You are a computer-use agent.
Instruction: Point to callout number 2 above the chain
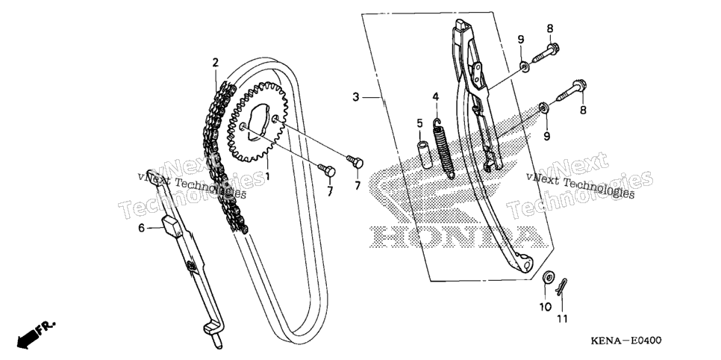(x=215, y=63)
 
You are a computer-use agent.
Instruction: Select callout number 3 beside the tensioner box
(x=355, y=97)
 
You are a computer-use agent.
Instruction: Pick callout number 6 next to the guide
(x=142, y=227)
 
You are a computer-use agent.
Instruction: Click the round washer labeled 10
(x=548, y=278)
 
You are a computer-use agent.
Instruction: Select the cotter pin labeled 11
(x=561, y=286)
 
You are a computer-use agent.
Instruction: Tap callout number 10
(x=546, y=307)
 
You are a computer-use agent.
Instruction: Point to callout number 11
(x=562, y=318)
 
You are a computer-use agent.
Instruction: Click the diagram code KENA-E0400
(x=625, y=341)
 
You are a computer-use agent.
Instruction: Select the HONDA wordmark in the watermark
(x=458, y=237)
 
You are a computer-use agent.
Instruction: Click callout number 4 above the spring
(x=435, y=96)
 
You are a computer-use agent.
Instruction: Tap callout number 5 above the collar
(x=419, y=123)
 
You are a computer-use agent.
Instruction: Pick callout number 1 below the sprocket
(x=266, y=176)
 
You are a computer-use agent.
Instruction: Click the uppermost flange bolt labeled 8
(x=546, y=52)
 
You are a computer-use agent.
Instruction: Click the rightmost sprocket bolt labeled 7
(x=355, y=161)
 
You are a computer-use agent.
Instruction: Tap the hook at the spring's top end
(x=437, y=122)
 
